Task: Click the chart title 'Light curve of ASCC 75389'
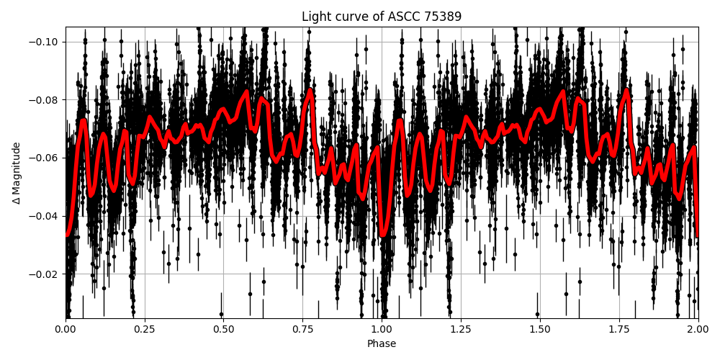click(x=382, y=17)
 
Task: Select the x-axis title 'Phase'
click(x=382, y=344)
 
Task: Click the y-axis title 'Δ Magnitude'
click(x=17, y=173)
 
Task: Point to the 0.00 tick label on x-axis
click(x=66, y=329)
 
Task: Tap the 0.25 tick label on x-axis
click(x=145, y=329)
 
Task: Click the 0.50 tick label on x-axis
click(x=223, y=329)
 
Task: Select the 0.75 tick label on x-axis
click(x=302, y=329)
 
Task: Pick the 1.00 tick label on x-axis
click(x=382, y=329)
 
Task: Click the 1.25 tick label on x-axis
click(x=461, y=329)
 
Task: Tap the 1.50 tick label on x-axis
click(x=540, y=329)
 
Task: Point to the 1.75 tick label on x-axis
click(x=619, y=329)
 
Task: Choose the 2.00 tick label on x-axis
click(x=698, y=329)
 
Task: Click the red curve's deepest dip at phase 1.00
click(x=383, y=234)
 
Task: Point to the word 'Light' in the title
click(x=315, y=17)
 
